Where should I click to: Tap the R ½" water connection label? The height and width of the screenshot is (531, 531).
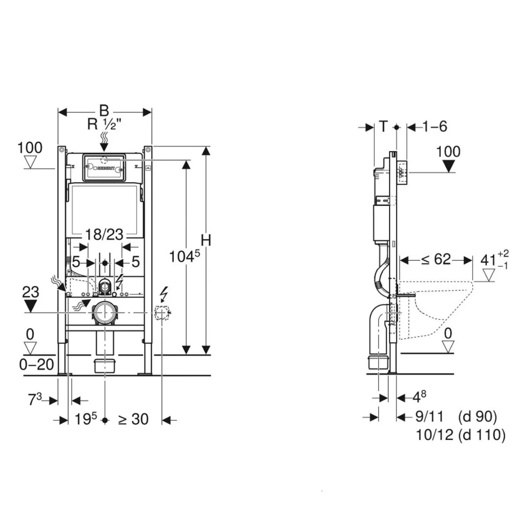click(104, 124)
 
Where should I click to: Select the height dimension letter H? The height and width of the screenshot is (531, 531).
click(206, 240)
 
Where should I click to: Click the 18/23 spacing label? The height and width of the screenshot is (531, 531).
click(104, 235)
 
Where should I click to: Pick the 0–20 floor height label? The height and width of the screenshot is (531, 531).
click(37, 365)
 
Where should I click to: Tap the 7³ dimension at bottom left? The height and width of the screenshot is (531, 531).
click(35, 400)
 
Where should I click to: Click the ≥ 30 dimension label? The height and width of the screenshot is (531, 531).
click(133, 419)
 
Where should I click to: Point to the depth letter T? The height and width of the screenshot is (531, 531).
click(383, 127)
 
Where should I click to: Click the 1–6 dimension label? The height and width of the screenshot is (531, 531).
click(435, 127)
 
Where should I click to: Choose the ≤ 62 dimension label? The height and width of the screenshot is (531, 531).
click(435, 259)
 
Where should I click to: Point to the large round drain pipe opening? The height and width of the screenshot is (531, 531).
click(104, 313)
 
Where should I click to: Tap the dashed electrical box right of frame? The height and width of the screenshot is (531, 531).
click(162, 313)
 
